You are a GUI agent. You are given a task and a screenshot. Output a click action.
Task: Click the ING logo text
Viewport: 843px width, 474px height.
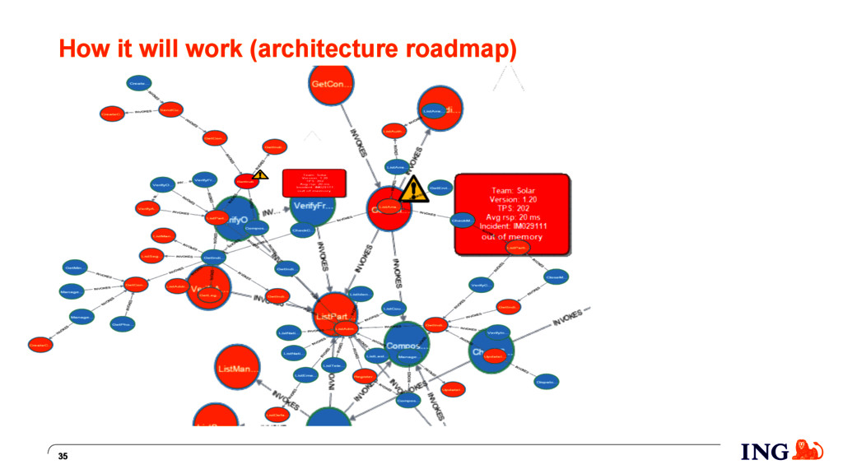click(764, 452)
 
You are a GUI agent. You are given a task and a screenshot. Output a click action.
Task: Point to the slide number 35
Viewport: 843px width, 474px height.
click(63, 457)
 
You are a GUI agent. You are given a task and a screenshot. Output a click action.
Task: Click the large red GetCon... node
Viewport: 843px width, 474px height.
click(331, 85)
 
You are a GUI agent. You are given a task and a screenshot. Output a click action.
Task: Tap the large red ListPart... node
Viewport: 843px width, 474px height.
click(334, 314)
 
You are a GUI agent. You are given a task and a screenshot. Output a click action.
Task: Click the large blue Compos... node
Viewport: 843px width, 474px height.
click(407, 346)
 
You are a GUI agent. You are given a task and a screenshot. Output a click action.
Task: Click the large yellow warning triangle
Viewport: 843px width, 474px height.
click(413, 190)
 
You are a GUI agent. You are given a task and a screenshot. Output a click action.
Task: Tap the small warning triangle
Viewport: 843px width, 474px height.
click(260, 174)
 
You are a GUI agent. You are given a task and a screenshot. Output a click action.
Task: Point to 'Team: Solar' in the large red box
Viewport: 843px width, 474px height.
click(511, 190)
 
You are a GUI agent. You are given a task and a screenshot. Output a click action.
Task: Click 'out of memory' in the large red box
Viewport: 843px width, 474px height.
click(511, 236)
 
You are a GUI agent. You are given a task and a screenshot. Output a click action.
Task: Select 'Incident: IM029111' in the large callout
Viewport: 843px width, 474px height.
click(511, 225)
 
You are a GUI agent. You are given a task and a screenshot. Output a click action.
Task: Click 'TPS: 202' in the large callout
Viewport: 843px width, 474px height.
click(511, 207)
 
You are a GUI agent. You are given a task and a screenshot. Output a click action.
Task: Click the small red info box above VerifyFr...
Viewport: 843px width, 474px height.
click(313, 183)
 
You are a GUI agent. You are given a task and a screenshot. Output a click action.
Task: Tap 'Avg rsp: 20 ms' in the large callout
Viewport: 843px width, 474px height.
click(511, 216)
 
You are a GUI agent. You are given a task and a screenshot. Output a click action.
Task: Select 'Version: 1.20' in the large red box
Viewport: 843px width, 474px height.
click(511, 198)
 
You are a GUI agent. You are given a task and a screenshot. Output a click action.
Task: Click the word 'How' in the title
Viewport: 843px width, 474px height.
click(79, 49)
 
